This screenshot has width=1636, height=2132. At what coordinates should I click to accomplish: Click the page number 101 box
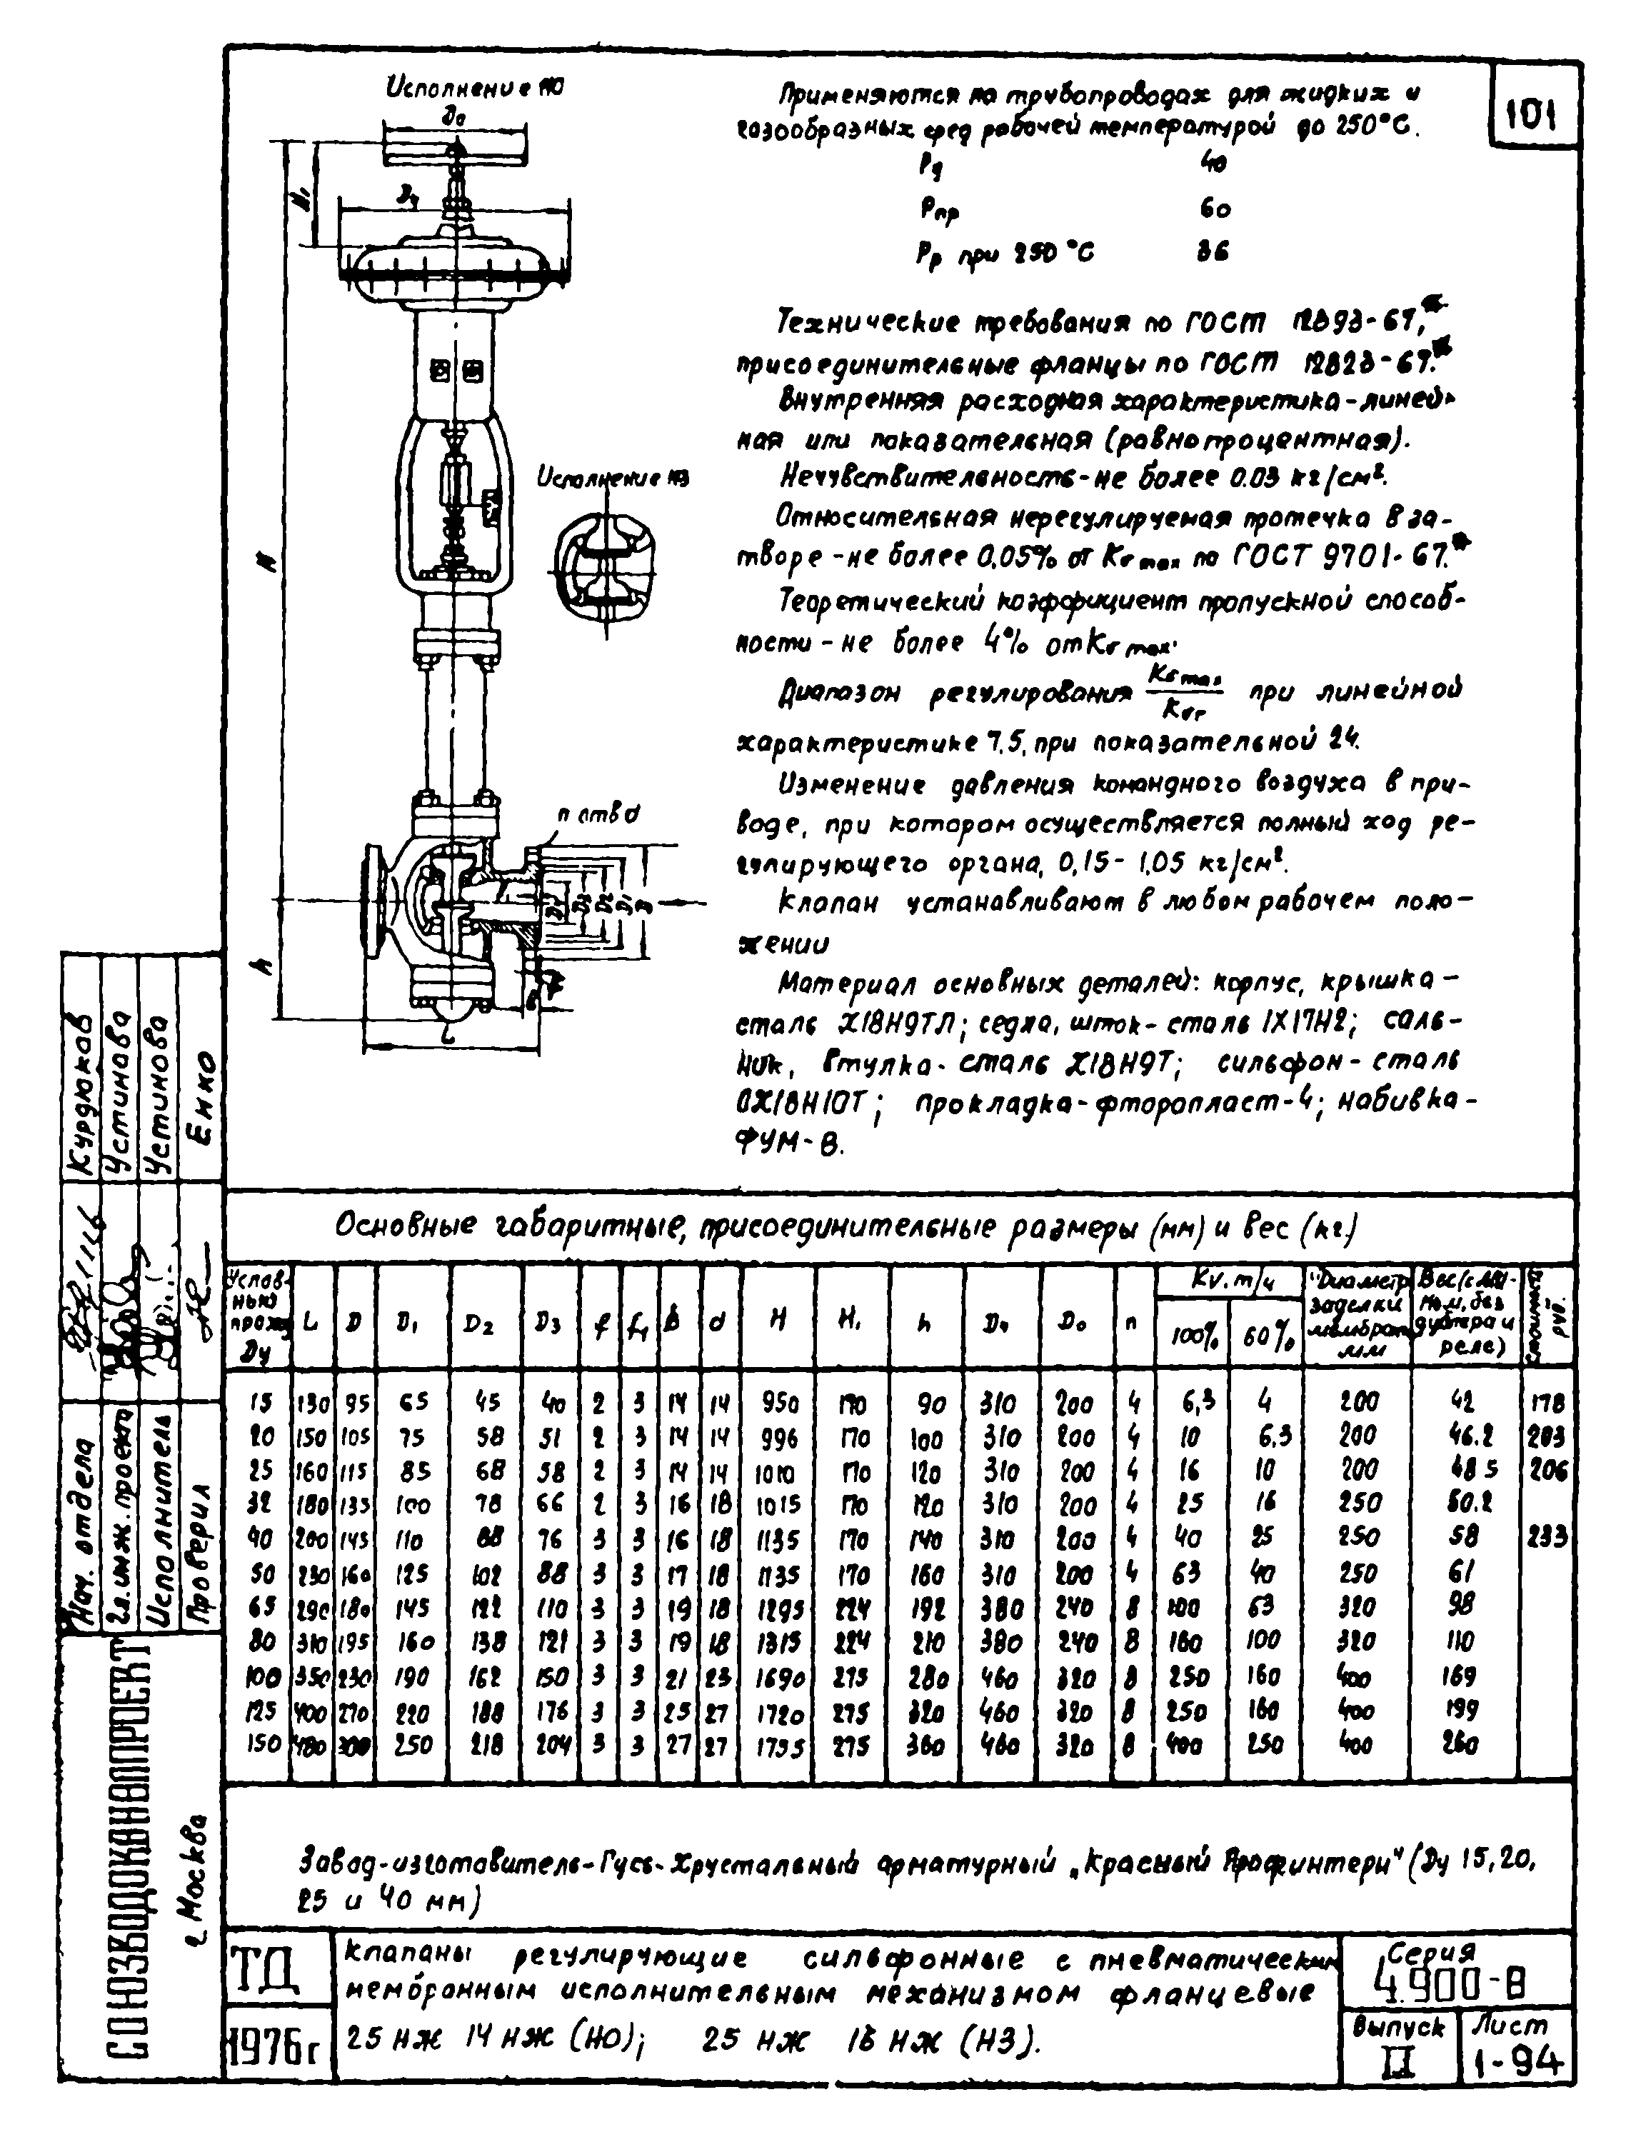tap(1532, 116)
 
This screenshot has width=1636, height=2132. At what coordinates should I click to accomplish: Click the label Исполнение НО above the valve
tap(475, 89)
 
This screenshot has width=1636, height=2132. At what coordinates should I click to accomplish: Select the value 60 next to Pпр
tap(1215, 209)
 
